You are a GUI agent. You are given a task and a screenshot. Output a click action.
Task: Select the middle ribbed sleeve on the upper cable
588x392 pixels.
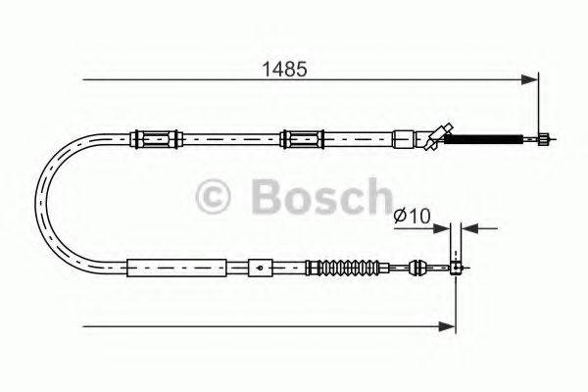(x=300, y=137)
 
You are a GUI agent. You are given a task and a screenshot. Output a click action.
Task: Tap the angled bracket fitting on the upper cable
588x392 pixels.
(x=436, y=134)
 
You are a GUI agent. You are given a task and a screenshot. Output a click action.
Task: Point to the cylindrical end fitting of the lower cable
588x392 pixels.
(x=455, y=266)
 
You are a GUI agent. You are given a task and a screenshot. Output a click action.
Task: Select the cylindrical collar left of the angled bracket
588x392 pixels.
(x=405, y=137)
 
